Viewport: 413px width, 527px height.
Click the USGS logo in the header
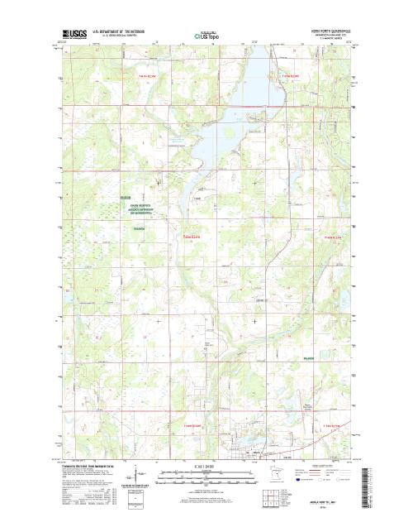[73, 35]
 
